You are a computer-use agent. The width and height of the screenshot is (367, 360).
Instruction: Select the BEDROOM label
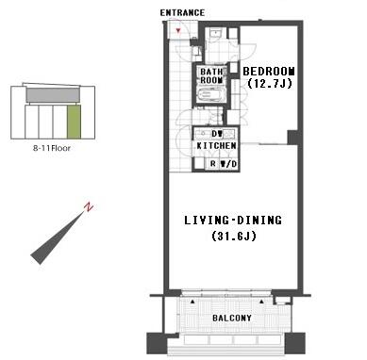[x=269, y=72]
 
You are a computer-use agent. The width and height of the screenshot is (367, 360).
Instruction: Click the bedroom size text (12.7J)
[x=269, y=84]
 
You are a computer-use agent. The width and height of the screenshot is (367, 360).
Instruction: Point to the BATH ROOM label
[x=209, y=76]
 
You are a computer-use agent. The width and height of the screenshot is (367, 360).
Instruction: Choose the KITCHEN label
[x=216, y=147]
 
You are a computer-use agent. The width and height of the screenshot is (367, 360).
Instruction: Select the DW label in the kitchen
[x=217, y=134]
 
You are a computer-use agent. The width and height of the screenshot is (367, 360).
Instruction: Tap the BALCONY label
[x=232, y=319]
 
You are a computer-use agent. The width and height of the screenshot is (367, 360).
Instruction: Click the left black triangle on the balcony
[x=193, y=302]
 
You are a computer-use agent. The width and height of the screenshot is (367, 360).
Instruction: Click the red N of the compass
[x=87, y=206]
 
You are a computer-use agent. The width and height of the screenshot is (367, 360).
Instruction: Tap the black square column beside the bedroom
[x=293, y=138]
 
